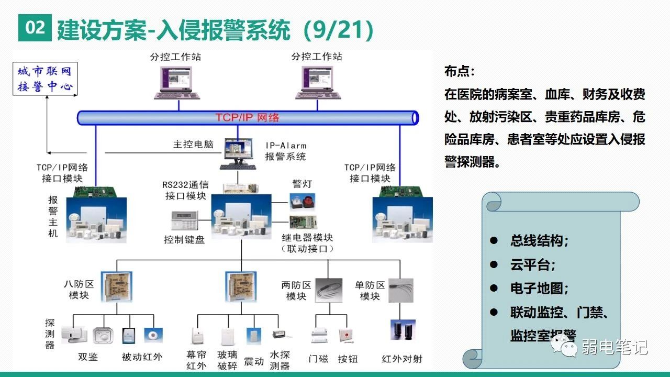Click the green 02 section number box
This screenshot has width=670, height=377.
pos(35,28)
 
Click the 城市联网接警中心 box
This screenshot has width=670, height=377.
pos(45,79)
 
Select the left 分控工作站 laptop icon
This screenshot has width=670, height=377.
pos(177,82)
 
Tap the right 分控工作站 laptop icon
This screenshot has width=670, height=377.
pos(318,82)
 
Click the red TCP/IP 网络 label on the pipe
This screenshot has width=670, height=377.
pos(248,117)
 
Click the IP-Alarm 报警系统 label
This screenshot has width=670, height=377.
pos(285,151)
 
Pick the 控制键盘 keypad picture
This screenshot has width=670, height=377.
pos(184,220)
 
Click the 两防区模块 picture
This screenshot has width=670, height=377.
pos(329,290)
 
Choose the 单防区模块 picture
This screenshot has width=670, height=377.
pos(401,290)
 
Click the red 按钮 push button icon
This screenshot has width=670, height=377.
pos(345,335)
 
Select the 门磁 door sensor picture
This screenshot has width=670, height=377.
pos(319,336)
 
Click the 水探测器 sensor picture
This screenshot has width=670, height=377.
pos(278,334)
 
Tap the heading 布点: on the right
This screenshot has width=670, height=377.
pos(459,71)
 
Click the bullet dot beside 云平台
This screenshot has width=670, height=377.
pos(493,264)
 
